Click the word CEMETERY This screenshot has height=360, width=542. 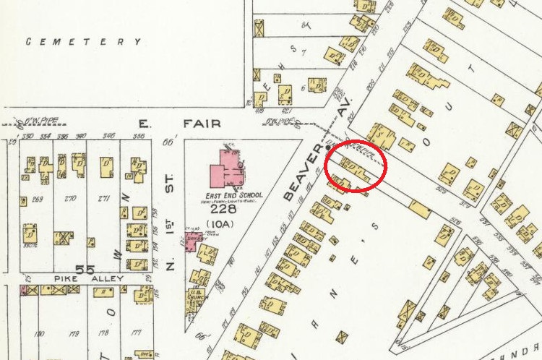84,42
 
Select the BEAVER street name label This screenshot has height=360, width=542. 297,176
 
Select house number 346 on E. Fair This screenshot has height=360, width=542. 108,136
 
